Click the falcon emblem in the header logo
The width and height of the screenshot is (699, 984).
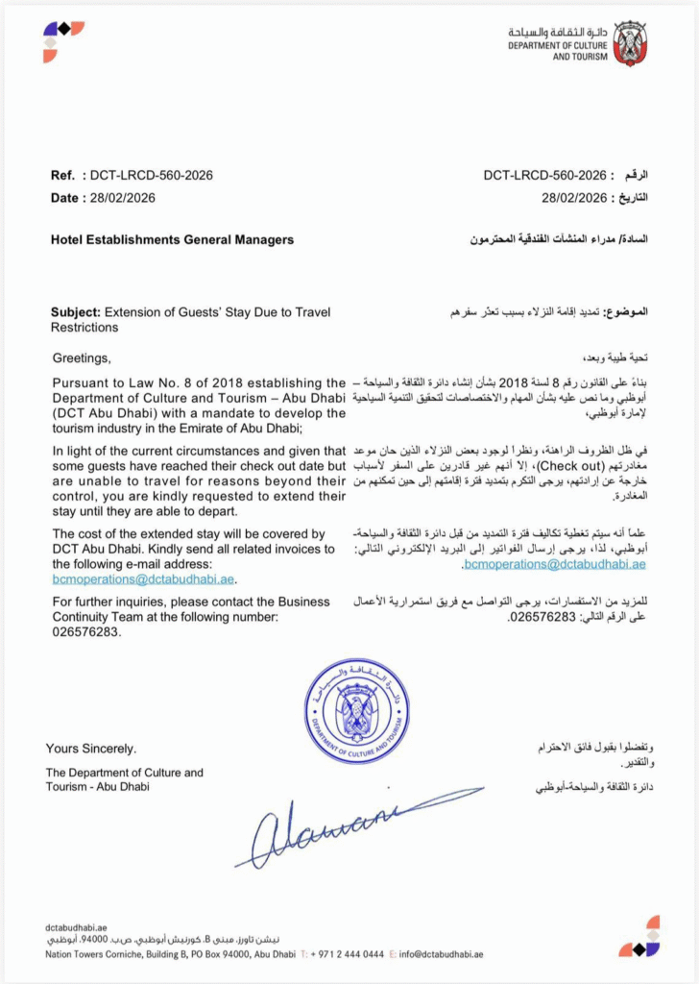click(x=631, y=42)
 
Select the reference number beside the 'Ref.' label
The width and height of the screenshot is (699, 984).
click(x=151, y=176)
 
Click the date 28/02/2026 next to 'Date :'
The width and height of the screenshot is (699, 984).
click(x=123, y=198)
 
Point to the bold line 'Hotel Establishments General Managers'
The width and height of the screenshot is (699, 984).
click(x=172, y=239)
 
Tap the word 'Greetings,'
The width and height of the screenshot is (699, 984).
click(x=83, y=359)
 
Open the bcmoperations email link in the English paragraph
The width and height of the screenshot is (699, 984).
click(x=144, y=579)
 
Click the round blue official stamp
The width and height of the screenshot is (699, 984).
click(x=357, y=712)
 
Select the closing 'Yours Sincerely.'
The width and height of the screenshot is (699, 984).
click(x=91, y=749)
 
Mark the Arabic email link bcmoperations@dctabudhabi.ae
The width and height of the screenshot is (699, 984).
click(x=554, y=565)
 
